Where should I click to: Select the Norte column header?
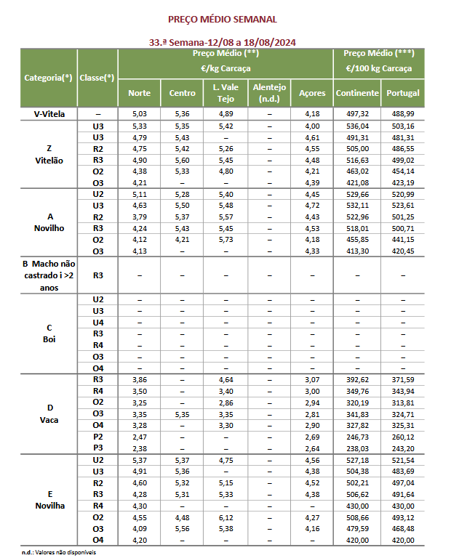pos(139,93)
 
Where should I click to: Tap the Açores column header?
pos(311,93)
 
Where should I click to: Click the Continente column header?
pos(357,93)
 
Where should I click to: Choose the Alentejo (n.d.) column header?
pos(269,93)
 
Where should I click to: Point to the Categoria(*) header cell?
pos(48,77)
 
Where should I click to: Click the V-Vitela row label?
pos(48,114)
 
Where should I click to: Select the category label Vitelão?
pos(48,160)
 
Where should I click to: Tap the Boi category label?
pos(48,339)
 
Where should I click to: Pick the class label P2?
pos(98,436)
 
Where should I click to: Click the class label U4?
pos(98,322)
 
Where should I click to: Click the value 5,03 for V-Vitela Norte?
pos(139,114)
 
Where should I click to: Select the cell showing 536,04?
pos(357,126)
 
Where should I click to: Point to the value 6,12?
pos(225,517)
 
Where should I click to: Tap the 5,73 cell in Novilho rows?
pos(225,239)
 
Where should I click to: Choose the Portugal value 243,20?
pos(402,448)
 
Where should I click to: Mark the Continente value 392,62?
pos(357,379)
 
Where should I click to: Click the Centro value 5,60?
pos(183,160)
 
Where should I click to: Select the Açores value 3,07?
pos(311,379)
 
